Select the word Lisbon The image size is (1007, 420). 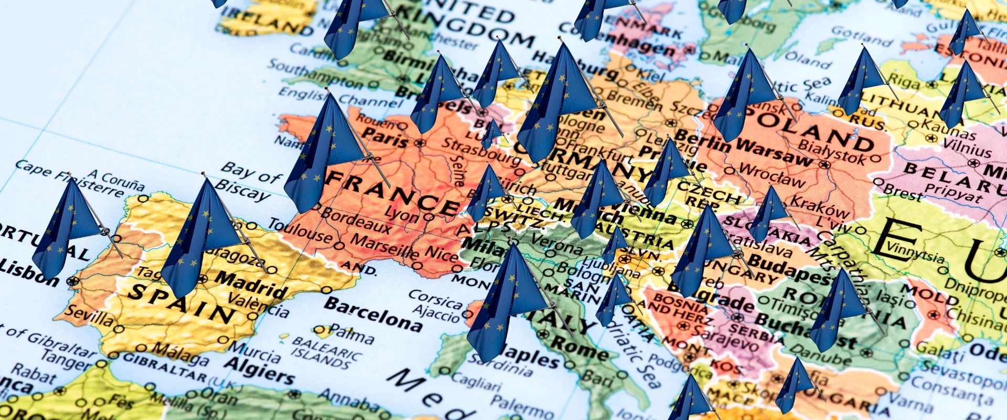pos(29,273)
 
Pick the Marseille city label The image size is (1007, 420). pos(385,248)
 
